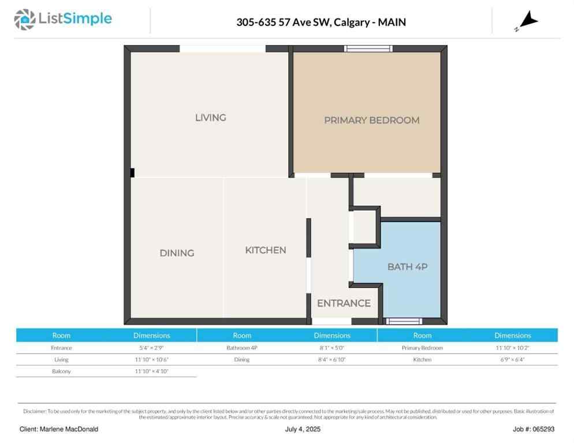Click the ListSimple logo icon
[25, 20]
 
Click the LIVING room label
[210, 118]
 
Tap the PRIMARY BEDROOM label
[371, 121]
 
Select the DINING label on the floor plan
[177, 253]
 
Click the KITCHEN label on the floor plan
[266, 250]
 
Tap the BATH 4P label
[407, 267]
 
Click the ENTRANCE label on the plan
[344, 303]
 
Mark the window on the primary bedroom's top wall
[368, 48]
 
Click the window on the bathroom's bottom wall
[404, 321]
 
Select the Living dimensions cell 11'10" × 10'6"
[152, 359]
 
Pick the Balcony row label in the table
[61, 371]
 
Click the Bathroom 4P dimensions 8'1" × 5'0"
[332, 348]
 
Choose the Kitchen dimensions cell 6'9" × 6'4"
[512, 359]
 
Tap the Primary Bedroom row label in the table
[422, 348]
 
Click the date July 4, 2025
[303, 429]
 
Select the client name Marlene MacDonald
[59, 429]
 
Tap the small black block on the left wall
[132, 172]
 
